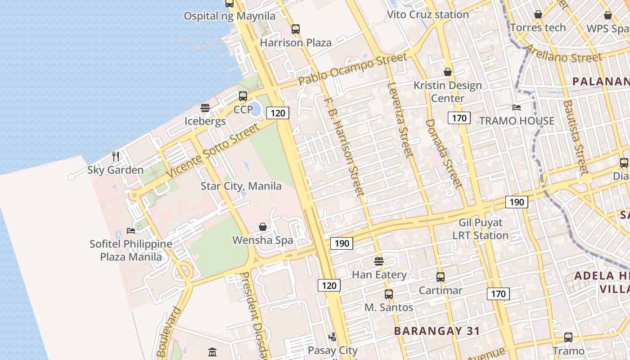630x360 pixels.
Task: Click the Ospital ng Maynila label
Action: click(x=229, y=16)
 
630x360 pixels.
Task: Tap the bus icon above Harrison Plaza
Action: click(x=296, y=29)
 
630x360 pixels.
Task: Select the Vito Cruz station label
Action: click(x=428, y=14)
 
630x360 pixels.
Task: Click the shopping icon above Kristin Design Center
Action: click(x=448, y=72)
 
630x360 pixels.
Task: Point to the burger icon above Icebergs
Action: click(x=205, y=108)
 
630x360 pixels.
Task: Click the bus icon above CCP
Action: click(x=243, y=96)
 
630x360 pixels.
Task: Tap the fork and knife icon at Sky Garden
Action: click(x=116, y=157)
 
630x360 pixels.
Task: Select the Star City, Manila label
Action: click(x=241, y=186)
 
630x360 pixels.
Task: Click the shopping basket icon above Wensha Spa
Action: click(x=263, y=227)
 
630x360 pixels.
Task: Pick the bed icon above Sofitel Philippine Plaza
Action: click(x=131, y=231)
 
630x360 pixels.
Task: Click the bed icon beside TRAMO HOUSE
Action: click(x=517, y=108)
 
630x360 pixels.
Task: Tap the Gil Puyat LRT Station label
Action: click(x=481, y=229)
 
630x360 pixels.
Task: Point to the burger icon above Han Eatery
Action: click(x=379, y=261)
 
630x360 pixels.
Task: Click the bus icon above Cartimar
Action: click(x=441, y=277)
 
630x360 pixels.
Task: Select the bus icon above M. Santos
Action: click(x=389, y=294)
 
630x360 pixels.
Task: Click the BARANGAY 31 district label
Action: click(x=436, y=331)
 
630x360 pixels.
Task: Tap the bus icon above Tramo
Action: click(x=568, y=337)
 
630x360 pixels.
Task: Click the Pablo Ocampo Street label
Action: click(x=353, y=68)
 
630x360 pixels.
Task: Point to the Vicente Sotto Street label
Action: click(x=213, y=151)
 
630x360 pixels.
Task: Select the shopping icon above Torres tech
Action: click(x=538, y=15)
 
